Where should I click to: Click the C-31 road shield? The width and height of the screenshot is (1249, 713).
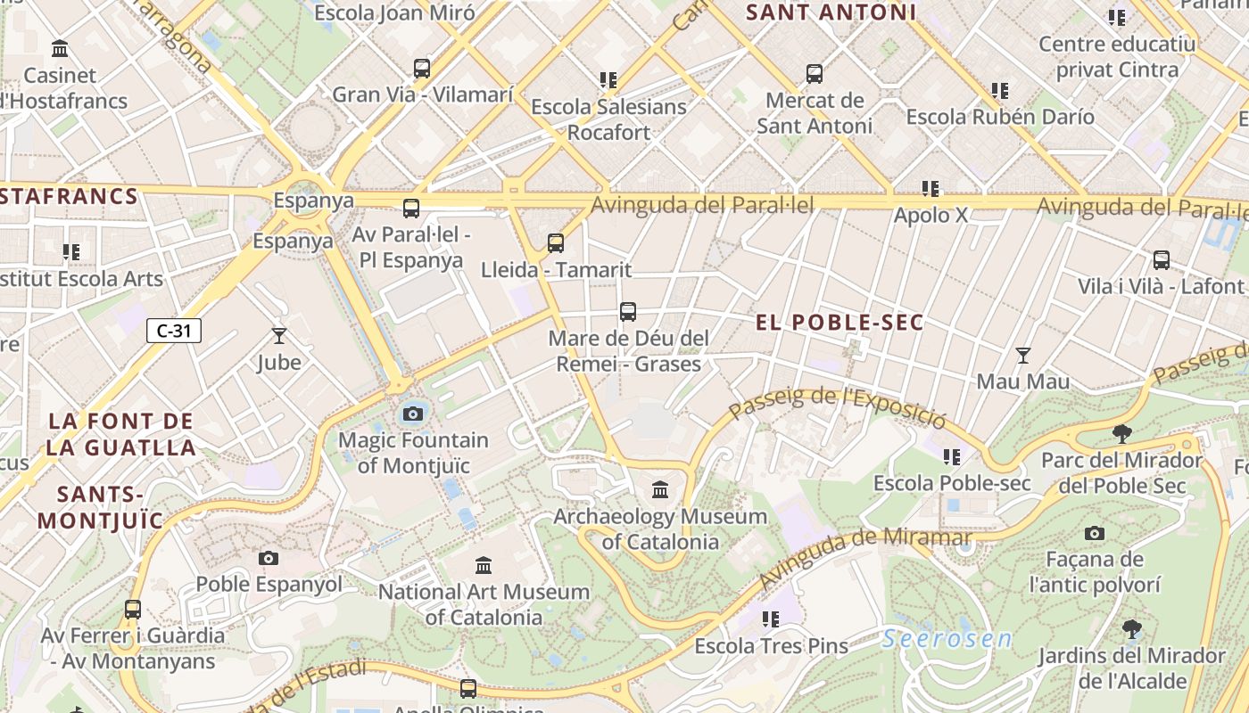pos(174,331)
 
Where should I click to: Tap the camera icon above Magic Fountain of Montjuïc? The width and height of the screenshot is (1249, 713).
pos(412,414)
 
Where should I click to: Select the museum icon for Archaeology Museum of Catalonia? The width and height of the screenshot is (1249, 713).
pos(660,489)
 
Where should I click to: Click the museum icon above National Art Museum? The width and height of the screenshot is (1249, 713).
pos(484,565)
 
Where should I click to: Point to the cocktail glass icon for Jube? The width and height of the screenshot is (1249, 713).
pos(279,336)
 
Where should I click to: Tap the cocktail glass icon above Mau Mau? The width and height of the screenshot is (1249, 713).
pos(1023,356)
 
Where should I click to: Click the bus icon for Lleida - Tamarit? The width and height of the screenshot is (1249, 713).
pos(556,242)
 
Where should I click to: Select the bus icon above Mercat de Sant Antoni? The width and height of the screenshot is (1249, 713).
pos(815,74)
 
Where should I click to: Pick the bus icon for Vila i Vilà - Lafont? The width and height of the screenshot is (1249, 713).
pos(1161,260)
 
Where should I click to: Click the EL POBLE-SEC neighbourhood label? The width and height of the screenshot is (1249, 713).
pos(840,323)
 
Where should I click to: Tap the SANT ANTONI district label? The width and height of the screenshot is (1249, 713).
pos(831,12)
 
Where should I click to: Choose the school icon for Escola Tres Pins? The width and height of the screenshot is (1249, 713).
pos(771,619)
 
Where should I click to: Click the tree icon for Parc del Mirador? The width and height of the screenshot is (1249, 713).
pos(1122,434)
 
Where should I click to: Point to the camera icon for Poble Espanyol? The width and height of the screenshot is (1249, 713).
pos(269,558)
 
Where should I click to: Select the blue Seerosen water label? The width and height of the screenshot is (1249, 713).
pos(947,639)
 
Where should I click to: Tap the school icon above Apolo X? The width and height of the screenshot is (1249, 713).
pos(931,189)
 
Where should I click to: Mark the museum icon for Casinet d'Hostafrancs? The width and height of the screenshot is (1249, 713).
pos(60,48)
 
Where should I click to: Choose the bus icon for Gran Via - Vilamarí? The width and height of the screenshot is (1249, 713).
pos(422,68)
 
